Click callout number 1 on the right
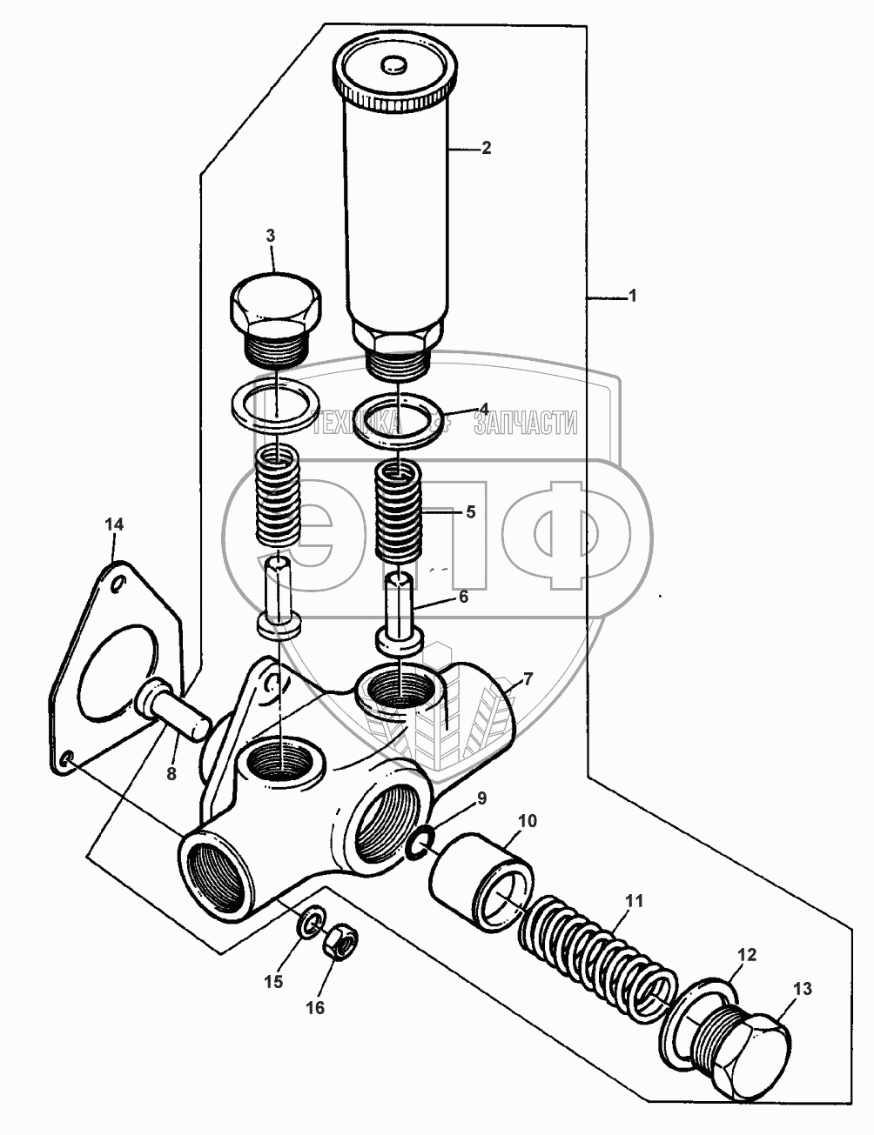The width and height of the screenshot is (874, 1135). (x=633, y=297)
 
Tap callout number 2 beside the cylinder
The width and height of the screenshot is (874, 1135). (x=486, y=149)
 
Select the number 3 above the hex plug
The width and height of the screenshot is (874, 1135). (x=270, y=236)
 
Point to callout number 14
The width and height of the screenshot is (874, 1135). (x=115, y=524)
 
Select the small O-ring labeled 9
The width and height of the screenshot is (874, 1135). (x=420, y=842)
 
